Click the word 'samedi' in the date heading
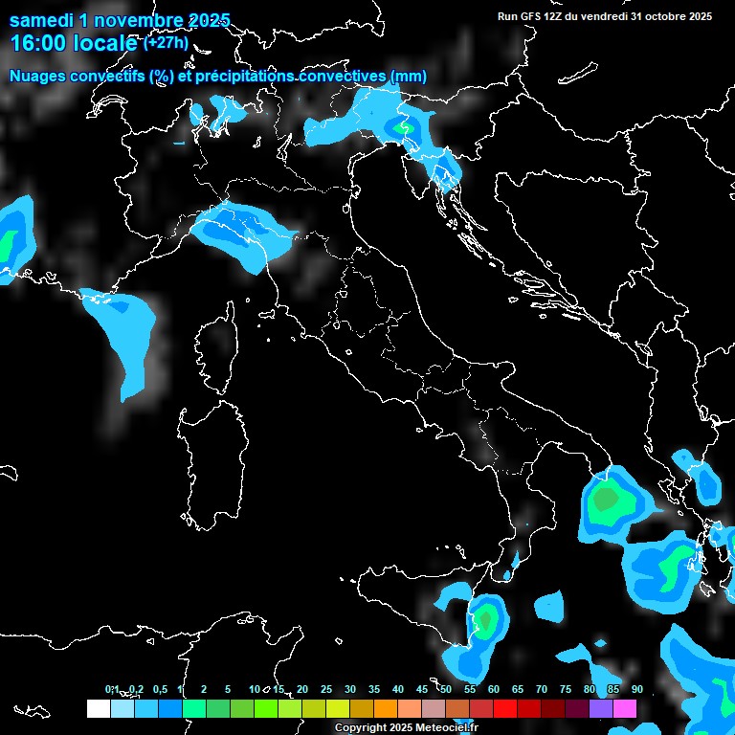(41, 20)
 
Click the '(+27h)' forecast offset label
(166, 43)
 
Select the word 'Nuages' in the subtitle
(37, 77)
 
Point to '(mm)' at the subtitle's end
(408, 77)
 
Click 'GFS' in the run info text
(531, 16)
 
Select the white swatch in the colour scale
(98, 708)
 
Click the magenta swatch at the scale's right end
(625, 708)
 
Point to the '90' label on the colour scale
(637, 689)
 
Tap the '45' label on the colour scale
(422, 689)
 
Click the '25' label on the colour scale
(326, 689)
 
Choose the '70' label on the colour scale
(542, 689)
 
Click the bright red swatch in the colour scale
(505, 708)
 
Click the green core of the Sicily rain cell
(487, 619)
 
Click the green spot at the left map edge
(8, 244)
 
